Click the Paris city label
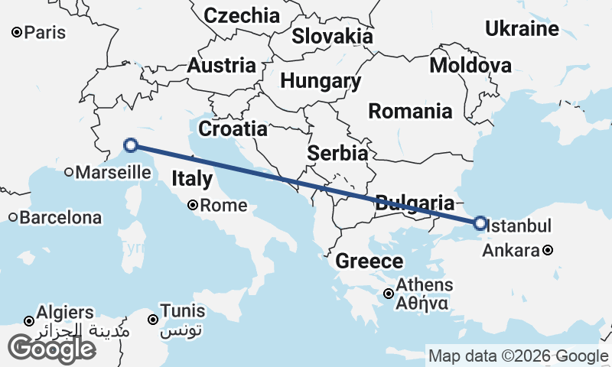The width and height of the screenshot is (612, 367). click(x=45, y=33)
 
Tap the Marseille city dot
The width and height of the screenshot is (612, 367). click(x=69, y=172)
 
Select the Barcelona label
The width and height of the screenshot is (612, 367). click(x=60, y=217)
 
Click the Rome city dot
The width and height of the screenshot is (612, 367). click(x=194, y=205)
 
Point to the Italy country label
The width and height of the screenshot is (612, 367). click(x=192, y=180)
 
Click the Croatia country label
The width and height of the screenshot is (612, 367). click(x=233, y=128)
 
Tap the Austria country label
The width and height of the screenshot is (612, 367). click(x=221, y=65)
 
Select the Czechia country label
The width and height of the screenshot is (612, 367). click(x=242, y=15)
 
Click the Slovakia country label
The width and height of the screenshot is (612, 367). click(x=333, y=36)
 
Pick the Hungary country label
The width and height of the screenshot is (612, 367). click(x=321, y=81)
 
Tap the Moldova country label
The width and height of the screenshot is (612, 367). click(x=470, y=65)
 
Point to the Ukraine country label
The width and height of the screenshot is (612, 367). click(x=522, y=29)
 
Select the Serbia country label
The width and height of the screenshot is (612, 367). click(x=337, y=153)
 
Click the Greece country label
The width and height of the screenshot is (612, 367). click(x=369, y=261)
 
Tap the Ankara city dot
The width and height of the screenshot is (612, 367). click(x=549, y=250)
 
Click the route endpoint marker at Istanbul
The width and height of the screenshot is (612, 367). click(x=480, y=223)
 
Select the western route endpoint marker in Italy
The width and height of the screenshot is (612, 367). click(x=131, y=145)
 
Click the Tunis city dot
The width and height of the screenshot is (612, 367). click(x=153, y=320)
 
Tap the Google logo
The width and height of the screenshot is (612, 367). click(x=51, y=348)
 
